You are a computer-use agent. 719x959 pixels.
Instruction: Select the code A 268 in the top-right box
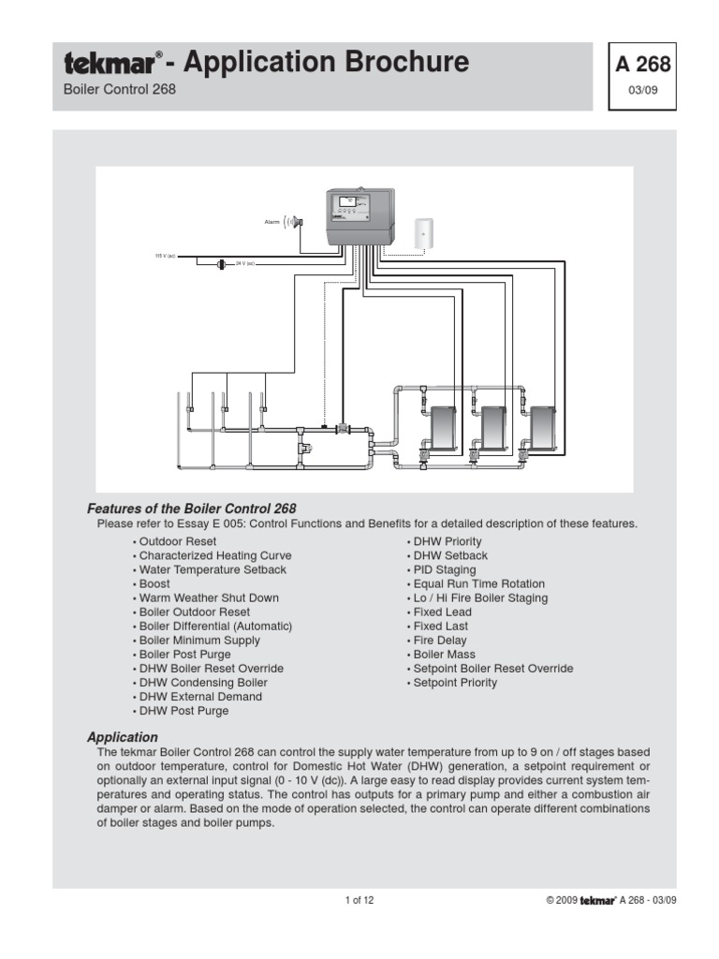(642, 65)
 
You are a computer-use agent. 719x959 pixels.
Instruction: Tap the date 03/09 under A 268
(642, 92)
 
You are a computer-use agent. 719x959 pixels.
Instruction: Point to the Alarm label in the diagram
(272, 222)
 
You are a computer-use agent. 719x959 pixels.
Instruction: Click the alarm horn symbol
(295, 222)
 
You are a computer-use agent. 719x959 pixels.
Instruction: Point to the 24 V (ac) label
(245, 264)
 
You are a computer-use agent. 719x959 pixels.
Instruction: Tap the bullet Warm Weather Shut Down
(208, 598)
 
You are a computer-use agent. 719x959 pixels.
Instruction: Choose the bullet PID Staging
(444, 569)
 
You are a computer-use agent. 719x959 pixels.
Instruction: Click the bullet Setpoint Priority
(454, 683)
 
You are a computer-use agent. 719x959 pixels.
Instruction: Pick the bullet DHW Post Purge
(183, 711)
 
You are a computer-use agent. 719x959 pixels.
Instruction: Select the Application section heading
(123, 737)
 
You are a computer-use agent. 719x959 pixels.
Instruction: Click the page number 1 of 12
(359, 901)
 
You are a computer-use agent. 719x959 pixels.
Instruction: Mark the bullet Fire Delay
(439, 641)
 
